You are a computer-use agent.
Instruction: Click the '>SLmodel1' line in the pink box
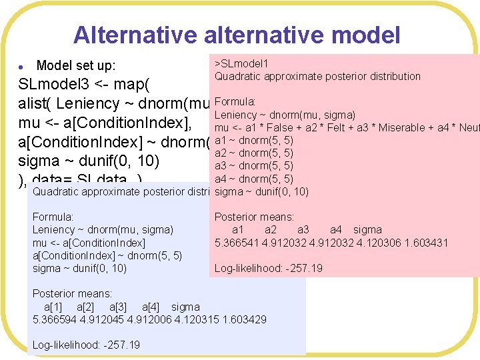click(241, 63)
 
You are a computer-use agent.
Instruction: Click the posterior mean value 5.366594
click(56, 319)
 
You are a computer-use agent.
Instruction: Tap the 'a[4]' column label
click(153, 307)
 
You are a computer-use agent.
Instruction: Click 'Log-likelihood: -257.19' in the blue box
click(86, 345)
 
